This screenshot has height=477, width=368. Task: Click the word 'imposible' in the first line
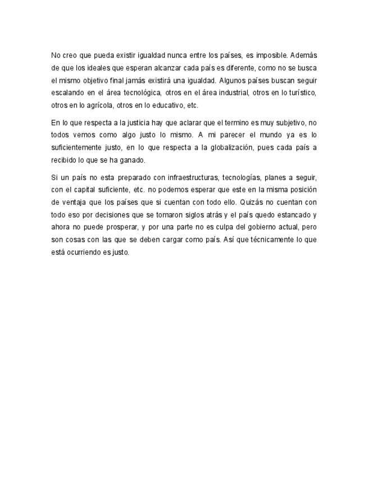(271, 56)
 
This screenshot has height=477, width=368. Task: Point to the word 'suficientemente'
(84, 147)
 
